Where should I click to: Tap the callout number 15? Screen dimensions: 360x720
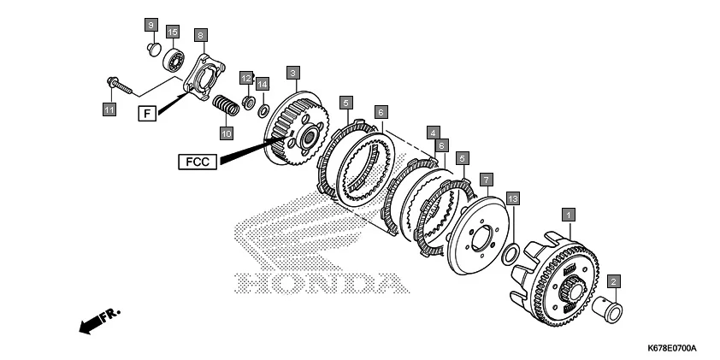[x=172, y=32]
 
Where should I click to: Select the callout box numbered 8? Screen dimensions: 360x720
[x=200, y=35]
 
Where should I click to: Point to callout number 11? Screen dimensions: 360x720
[x=109, y=109]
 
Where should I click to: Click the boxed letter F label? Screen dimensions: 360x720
[x=146, y=112]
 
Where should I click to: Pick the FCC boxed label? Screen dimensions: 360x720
[x=198, y=161]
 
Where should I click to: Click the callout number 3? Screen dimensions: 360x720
[x=293, y=73]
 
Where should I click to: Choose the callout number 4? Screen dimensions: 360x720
[x=434, y=133]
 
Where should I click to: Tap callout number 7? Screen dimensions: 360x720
[x=485, y=180]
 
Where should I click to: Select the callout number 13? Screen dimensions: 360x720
[x=512, y=198]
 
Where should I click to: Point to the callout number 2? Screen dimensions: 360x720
[x=613, y=280]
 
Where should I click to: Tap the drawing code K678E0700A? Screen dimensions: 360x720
[x=671, y=348]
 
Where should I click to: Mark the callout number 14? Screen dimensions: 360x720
[x=263, y=84]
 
